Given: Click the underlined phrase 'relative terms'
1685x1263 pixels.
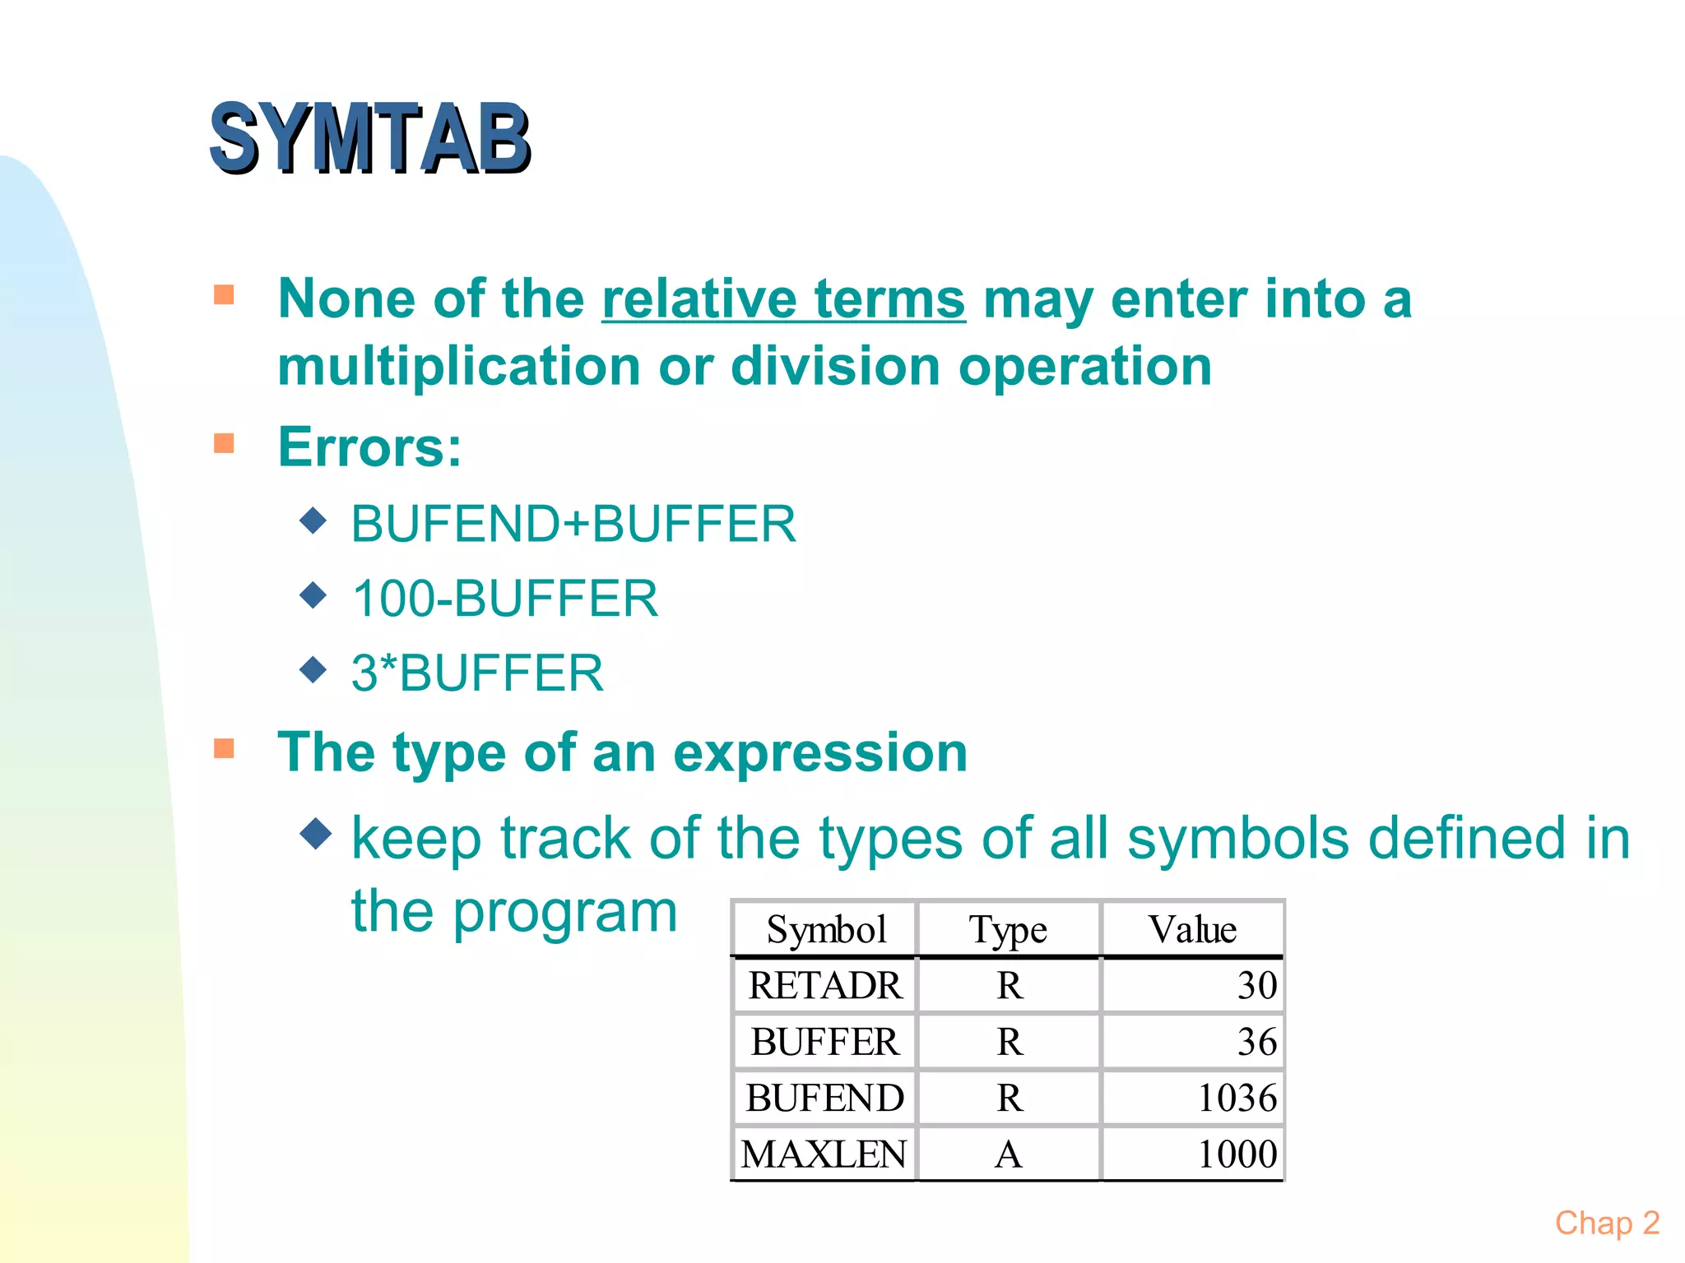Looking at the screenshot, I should click(x=783, y=299).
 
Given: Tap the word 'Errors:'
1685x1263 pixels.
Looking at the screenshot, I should click(x=370, y=447).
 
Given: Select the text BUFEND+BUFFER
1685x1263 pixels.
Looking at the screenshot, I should click(x=573, y=524).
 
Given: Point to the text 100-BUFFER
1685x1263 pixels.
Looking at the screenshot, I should click(x=505, y=599).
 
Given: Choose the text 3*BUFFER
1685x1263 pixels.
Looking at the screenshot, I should click(x=477, y=673).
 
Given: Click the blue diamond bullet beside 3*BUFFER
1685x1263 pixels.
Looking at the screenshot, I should click(x=313, y=669).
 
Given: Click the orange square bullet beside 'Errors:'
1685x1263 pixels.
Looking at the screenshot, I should click(x=224, y=444).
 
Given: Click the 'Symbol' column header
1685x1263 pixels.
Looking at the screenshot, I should click(x=826, y=930).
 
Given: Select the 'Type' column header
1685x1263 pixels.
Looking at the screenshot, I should click(x=1008, y=930).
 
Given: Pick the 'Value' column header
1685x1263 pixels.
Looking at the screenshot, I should click(x=1192, y=930).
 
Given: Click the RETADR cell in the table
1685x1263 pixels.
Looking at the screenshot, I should click(x=824, y=985).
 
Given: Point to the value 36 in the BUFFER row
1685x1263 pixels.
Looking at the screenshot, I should click(x=1256, y=1042).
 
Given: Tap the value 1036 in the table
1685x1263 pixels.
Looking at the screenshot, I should click(x=1237, y=1098).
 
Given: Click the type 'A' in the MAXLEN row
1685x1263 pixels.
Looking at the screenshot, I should click(x=1009, y=1154).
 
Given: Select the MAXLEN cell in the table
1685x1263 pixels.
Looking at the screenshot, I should click(x=824, y=1154).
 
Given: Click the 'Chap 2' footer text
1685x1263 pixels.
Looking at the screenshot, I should click(x=1607, y=1223).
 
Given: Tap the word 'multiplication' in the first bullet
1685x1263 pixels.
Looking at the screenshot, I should click(x=459, y=367).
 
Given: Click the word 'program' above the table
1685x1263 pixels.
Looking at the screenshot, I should click(x=565, y=913).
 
